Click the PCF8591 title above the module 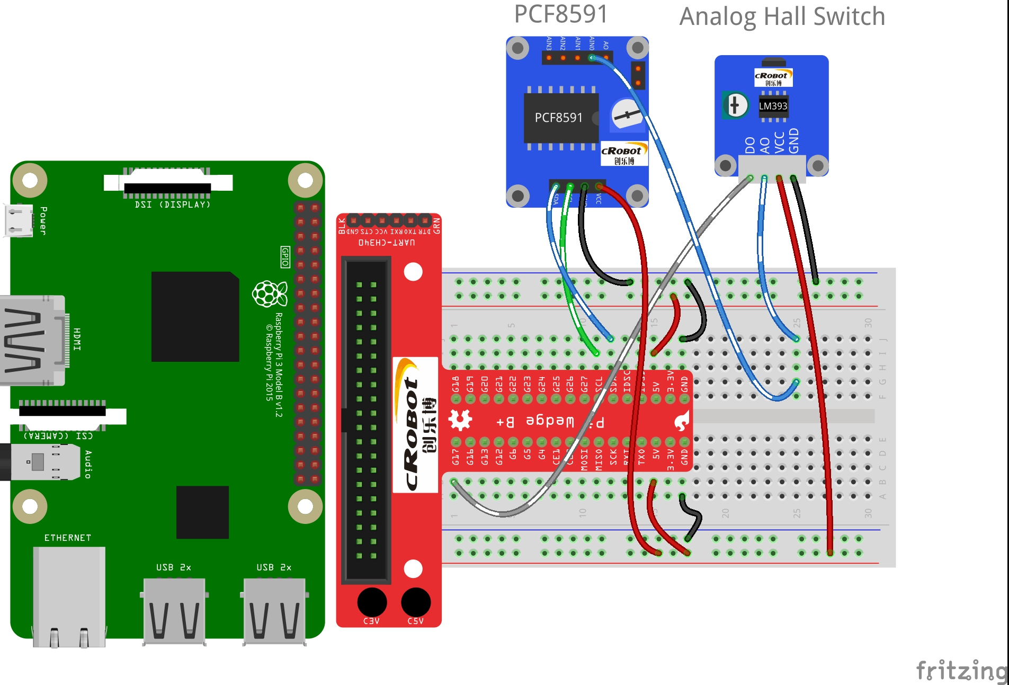click(561, 14)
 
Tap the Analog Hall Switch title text click(782, 17)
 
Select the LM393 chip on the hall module click(773, 106)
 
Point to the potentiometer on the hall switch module click(735, 105)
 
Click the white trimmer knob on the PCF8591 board click(627, 114)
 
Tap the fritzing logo click(961, 671)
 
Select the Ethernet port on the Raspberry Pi click(69, 596)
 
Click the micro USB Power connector click(18, 220)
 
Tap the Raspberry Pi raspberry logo click(270, 294)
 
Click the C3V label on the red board click(371, 621)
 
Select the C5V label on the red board click(416, 621)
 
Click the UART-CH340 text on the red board click(387, 243)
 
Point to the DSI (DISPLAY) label click(173, 204)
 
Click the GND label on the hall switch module click(793, 140)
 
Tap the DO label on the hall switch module click(749, 145)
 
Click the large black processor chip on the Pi click(195, 317)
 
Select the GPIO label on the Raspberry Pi click(285, 257)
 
